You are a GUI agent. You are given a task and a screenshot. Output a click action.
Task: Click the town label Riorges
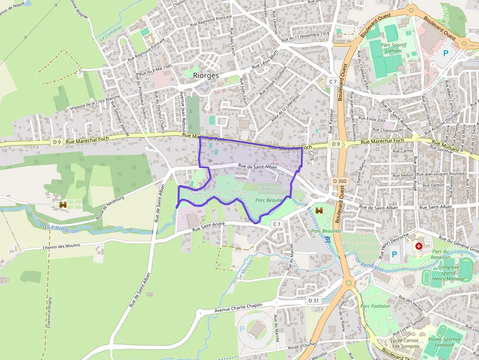tap(206, 75)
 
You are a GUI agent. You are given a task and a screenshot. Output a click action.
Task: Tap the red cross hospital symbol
tap(418, 246)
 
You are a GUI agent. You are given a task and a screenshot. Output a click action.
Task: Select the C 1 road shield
tap(277, 224)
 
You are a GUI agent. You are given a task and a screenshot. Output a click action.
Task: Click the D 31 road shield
tap(313, 300)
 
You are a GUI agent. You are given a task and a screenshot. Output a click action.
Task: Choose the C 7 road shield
tap(333, 81)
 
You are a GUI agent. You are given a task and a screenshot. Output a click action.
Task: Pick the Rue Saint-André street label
tap(208, 227)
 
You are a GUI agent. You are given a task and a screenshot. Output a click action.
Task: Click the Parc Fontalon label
tap(375, 306)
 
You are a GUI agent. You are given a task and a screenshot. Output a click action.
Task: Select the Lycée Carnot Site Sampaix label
tap(405, 343)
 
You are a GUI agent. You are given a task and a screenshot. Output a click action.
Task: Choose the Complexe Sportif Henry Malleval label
tap(448, 273)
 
